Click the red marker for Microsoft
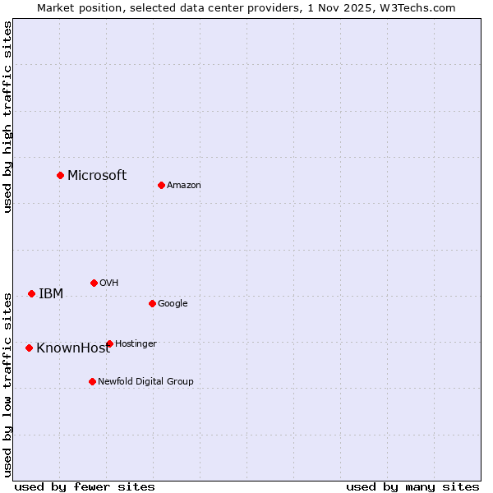click(60, 175)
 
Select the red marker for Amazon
click(161, 185)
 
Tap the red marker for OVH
click(94, 283)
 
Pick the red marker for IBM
click(31, 293)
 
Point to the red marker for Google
click(152, 303)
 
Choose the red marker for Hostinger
click(109, 343)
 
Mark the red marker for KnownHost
click(29, 348)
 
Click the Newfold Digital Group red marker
click(92, 381)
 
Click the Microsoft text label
click(97, 175)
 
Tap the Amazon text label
click(184, 186)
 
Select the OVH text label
click(109, 283)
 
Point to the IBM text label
click(51, 294)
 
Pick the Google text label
click(173, 304)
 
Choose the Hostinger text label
click(136, 344)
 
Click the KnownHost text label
click(73, 348)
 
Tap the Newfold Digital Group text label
click(145, 382)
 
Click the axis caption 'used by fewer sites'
click(85, 486)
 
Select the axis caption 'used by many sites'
click(412, 486)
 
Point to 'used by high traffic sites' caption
click(8, 117)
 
